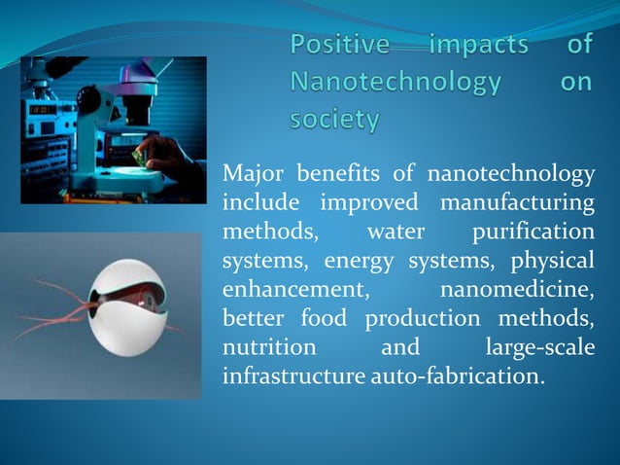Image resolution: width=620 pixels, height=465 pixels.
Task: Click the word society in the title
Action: coord(334,121)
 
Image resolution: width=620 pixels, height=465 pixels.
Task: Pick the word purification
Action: coord(532,232)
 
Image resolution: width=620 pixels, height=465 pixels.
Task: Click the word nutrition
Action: coord(269,347)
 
